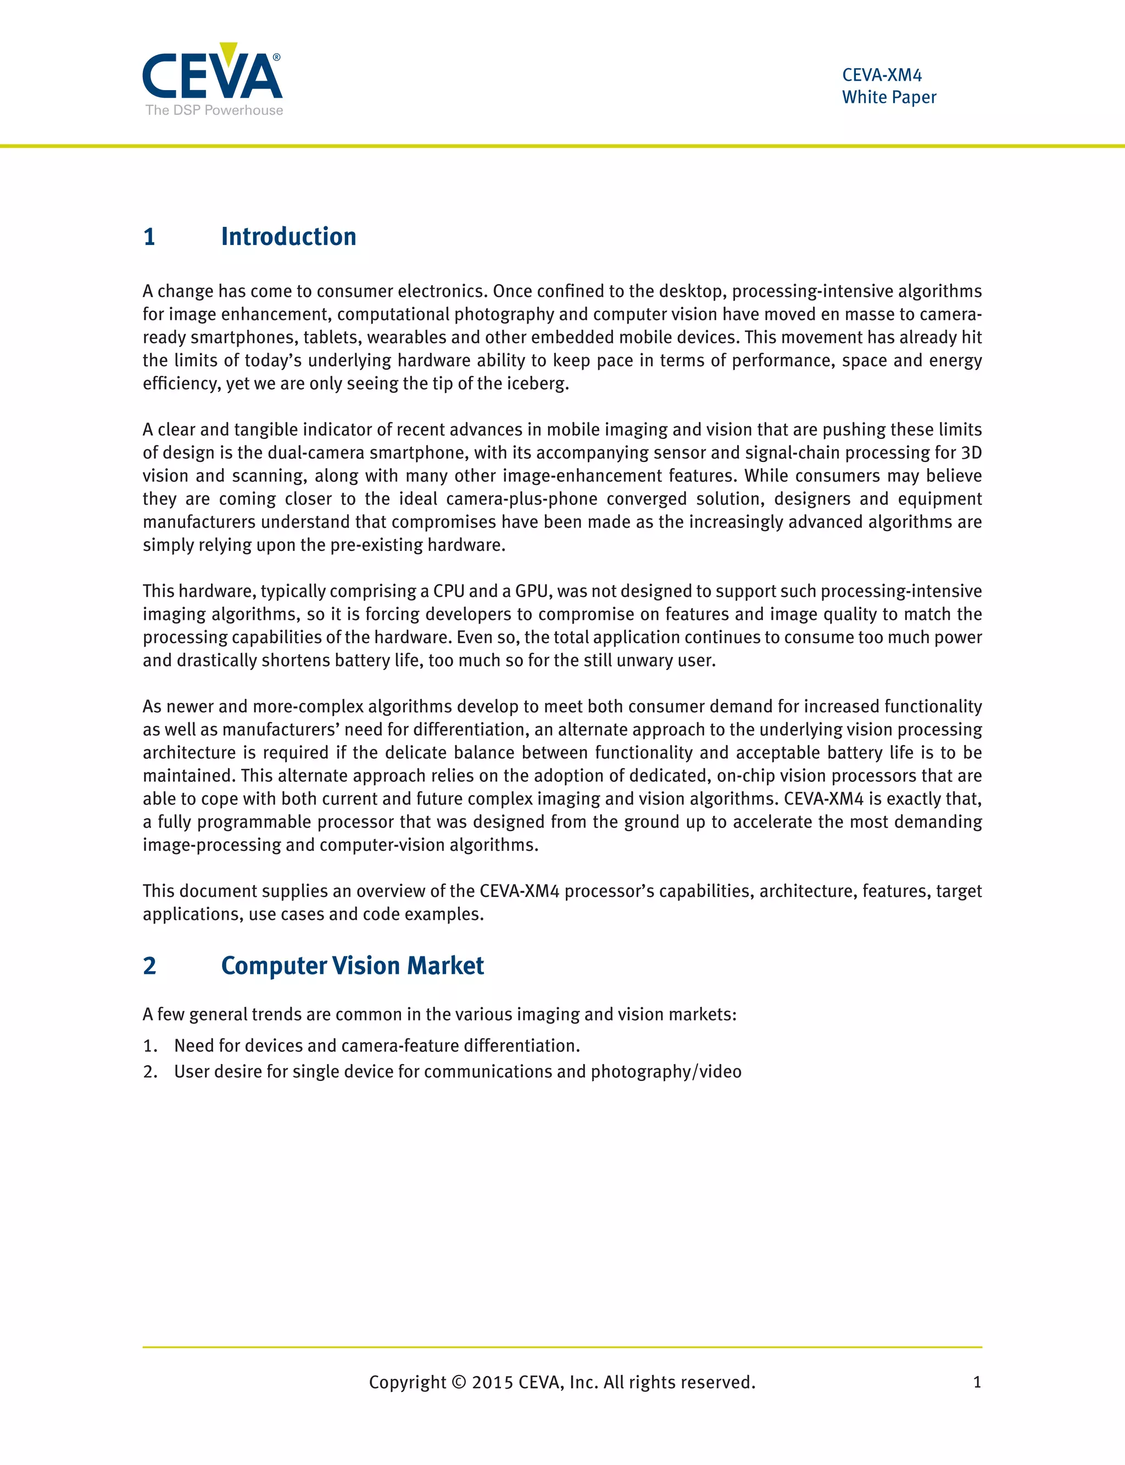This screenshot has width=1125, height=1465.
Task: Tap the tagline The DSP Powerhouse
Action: pyautogui.click(x=214, y=110)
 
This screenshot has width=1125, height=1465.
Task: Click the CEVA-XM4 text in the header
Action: pyautogui.click(x=882, y=75)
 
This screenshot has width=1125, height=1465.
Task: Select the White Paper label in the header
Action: pyautogui.click(x=889, y=97)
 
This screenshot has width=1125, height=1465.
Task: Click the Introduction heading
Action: pyautogui.click(x=288, y=237)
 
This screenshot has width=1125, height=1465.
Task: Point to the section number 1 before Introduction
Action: pyautogui.click(x=149, y=237)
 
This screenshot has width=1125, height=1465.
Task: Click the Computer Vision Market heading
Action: pyautogui.click(x=352, y=966)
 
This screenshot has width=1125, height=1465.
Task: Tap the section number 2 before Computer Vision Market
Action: pyautogui.click(x=149, y=966)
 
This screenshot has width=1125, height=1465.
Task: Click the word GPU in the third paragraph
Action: pyautogui.click(x=532, y=591)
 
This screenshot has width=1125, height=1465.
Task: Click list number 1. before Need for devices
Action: pyautogui.click(x=150, y=1046)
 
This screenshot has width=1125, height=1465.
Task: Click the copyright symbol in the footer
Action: pyautogui.click(x=459, y=1383)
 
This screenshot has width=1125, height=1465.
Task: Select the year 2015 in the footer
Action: pyautogui.click(x=492, y=1383)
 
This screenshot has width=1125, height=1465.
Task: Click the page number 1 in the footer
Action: pyautogui.click(x=977, y=1383)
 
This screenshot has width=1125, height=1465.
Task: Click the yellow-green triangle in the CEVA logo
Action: pyautogui.click(x=229, y=52)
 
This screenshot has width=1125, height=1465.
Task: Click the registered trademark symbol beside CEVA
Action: pyautogui.click(x=276, y=58)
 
